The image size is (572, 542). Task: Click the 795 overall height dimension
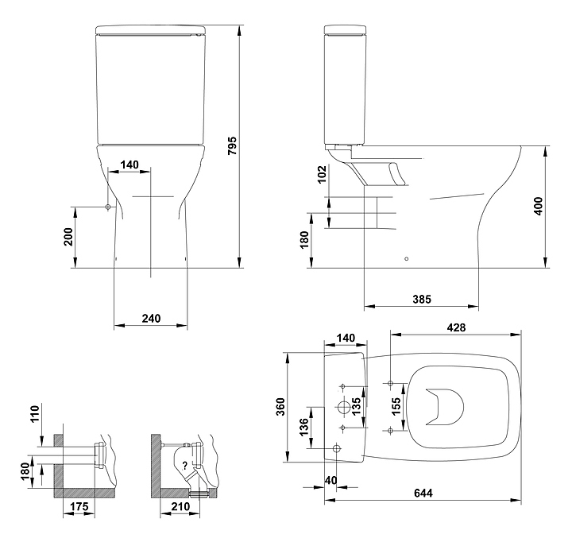pos(232,145)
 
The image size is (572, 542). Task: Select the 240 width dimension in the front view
pos(151,318)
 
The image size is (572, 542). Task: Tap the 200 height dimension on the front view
pos(68,237)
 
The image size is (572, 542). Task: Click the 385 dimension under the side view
pos(422,299)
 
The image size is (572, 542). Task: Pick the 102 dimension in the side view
pos(321,175)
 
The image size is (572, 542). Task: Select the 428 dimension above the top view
pos(456,327)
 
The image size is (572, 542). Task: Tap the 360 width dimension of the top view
pos(280,406)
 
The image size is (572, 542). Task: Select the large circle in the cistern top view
pos(342,408)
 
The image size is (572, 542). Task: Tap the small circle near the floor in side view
pos(407,259)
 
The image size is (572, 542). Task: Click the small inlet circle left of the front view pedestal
pos(107,207)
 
